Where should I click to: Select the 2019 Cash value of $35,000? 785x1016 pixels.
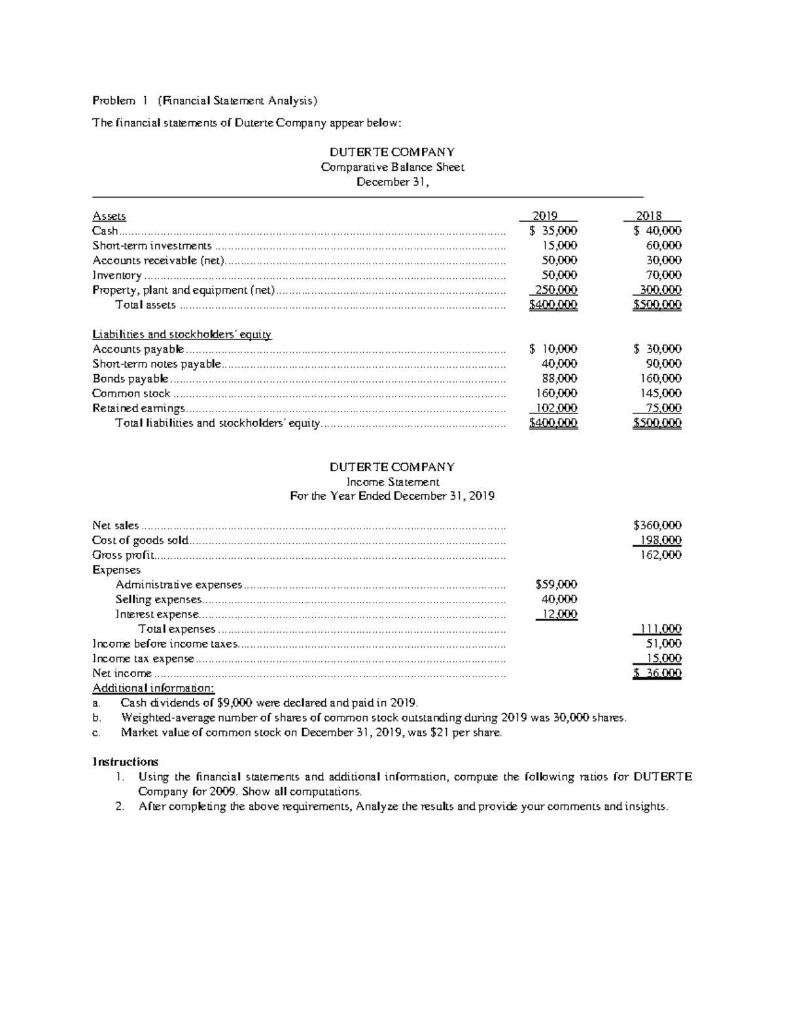pyautogui.click(x=553, y=230)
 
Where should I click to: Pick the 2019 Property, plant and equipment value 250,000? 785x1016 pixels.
pyautogui.click(x=556, y=290)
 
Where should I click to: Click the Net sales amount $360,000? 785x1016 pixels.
pyautogui.click(x=657, y=525)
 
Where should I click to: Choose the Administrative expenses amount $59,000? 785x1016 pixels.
pyautogui.click(x=556, y=584)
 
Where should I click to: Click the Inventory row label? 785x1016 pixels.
pyautogui.click(x=116, y=275)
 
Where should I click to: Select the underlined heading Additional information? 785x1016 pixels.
pyautogui.click(x=153, y=688)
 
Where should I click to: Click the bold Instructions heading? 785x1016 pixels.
pyautogui.click(x=126, y=762)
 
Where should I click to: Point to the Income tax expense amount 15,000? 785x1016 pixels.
pyautogui.click(x=662, y=658)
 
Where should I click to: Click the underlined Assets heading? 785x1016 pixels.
pyautogui.click(x=109, y=216)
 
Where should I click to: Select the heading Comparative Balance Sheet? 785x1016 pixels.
pyautogui.click(x=392, y=167)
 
